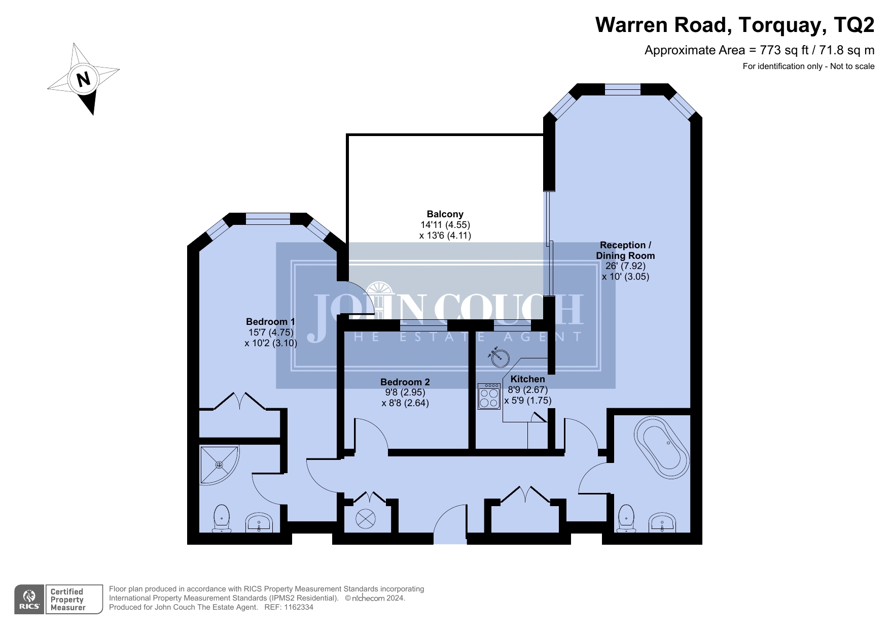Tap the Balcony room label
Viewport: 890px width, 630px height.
tap(445, 214)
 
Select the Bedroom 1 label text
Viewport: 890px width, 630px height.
tap(270, 321)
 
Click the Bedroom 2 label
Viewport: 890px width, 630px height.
tap(405, 382)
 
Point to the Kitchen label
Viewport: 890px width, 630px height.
tap(527, 379)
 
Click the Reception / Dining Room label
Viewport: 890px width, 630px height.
tap(625, 250)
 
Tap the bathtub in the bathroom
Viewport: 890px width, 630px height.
tap(661, 447)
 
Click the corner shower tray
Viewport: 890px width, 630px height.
tap(219, 465)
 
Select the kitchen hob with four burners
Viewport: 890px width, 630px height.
tap(489, 396)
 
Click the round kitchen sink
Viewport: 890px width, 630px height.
tap(500, 357)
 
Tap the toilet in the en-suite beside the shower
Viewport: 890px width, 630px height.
tap(222, 518)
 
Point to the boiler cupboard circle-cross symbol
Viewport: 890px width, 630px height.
tap(366, 518)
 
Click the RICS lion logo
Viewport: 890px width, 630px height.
tap(29, 599)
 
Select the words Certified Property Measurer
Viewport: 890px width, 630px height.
tap(68, 600)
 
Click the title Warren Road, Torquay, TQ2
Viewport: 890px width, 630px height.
tap(735, 24)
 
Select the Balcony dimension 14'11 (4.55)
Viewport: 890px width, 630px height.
tap(445, 225)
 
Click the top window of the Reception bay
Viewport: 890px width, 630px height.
tap(623, 90)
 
